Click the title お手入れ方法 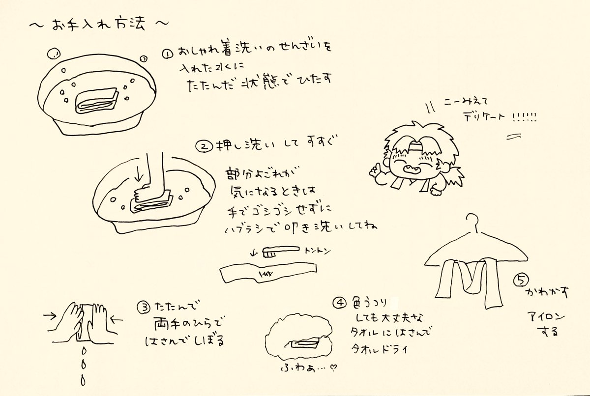[x=98, y=24]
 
